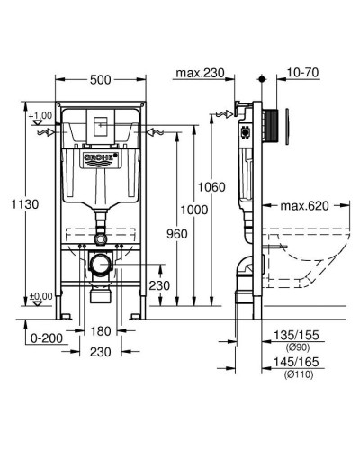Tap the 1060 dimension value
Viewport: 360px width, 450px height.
(x=212, y=187)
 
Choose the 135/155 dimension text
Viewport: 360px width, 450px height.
(x=292, y=335)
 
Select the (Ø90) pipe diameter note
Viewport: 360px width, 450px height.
(x=293, y=346)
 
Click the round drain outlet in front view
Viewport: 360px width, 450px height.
(x=101, y=265)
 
